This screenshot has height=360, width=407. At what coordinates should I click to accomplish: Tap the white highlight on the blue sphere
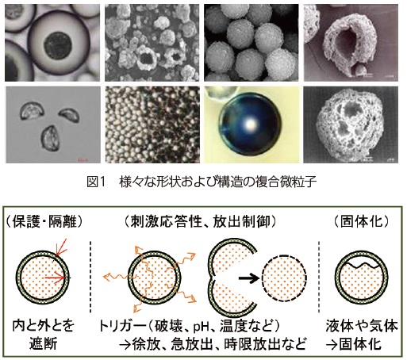250,124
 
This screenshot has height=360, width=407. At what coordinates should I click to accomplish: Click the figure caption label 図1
96,182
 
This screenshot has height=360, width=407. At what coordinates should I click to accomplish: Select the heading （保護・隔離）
44,221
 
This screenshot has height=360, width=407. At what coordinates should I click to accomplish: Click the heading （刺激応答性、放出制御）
200,221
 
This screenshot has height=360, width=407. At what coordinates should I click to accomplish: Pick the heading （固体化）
361,221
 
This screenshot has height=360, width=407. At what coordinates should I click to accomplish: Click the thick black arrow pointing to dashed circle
249,278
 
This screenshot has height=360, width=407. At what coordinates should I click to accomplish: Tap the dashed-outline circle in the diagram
285,278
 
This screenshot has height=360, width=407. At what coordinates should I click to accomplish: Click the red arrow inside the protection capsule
55,278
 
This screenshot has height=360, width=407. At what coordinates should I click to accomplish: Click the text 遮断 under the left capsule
43,344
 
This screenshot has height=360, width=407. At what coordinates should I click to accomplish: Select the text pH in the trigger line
202,327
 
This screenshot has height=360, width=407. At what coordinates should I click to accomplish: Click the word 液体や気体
362,326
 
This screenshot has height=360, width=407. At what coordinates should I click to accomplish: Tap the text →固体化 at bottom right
354,344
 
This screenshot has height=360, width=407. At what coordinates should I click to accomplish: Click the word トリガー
122,326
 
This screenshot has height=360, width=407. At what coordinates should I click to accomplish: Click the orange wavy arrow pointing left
117,277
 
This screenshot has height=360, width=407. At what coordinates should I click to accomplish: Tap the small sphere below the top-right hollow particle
360,71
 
